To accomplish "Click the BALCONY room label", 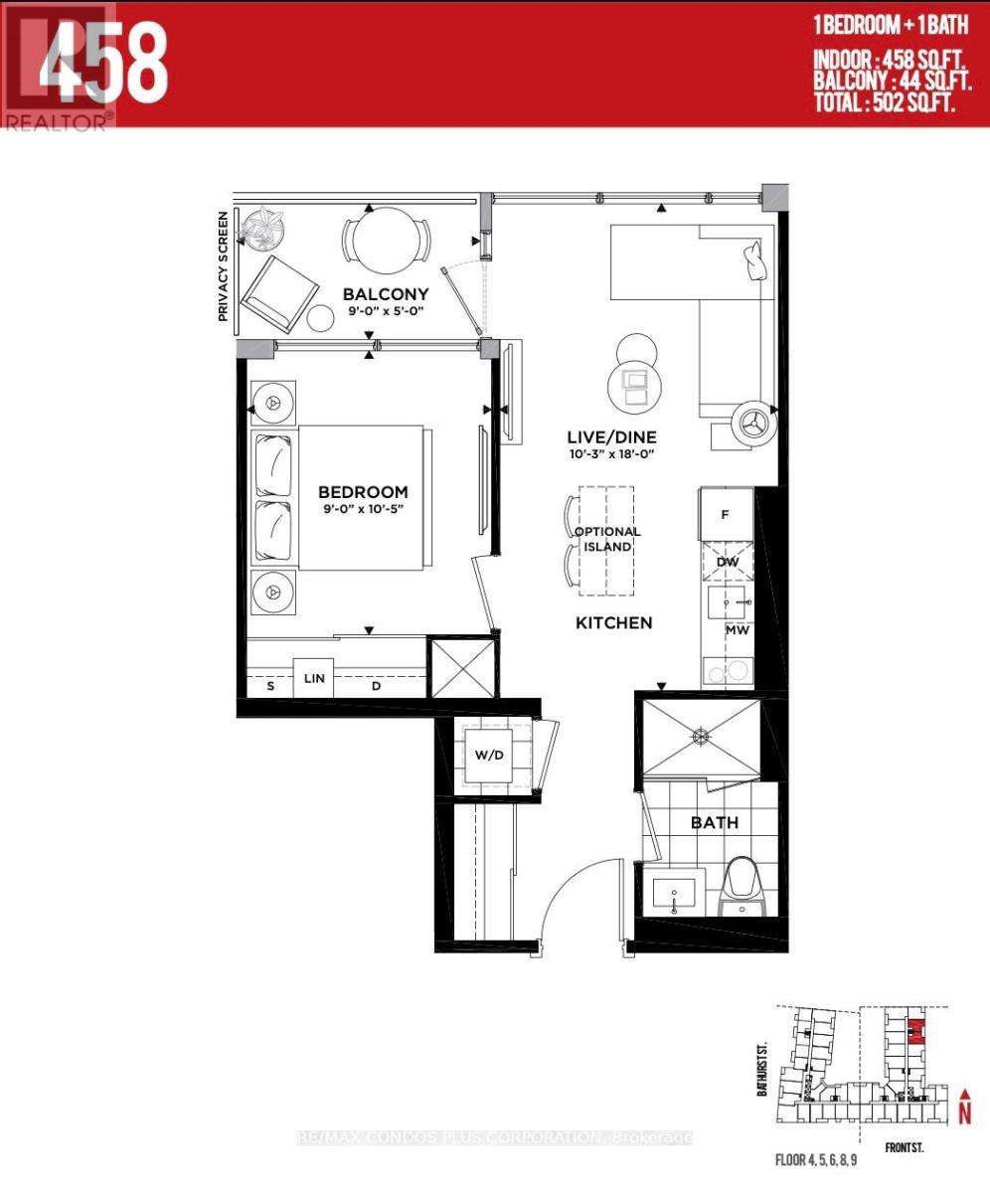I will click(x=386, y=294).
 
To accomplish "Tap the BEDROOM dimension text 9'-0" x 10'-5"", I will click(x=363, y=510).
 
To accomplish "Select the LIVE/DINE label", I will click(x=611, y=437).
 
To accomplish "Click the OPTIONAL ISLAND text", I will click(x=607, y=540).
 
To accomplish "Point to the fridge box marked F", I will click(x=726, y=515).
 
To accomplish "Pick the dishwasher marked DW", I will click(x=728, y=563).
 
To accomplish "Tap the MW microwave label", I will click(x=737, y=630).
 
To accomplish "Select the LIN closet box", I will click(x=314, y=677).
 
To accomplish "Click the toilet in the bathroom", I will click(x=744, y=885).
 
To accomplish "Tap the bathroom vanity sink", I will click(x=675, y=894).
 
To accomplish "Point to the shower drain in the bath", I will click(x=703, y=737).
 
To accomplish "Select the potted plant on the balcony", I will click(x=265, y=230).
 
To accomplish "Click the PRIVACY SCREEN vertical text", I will click(x=224, y=266).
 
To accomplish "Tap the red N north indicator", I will click(x=963, y=1112).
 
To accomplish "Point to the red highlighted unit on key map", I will click(x=916, y=1030).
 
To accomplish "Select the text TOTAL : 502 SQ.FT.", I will click(x=885, y=101).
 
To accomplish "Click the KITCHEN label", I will click(x=614, y=623).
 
